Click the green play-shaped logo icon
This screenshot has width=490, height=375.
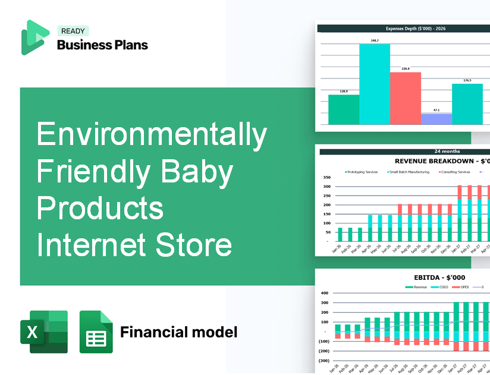tap(34, 37)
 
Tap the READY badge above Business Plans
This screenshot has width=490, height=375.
tap(73, 31)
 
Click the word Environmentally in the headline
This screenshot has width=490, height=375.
tap(152, 135)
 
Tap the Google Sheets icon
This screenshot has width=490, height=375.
tap(96, 332)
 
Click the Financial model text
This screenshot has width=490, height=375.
tap(178, 332)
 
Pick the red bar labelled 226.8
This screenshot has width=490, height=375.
tap(405, 98)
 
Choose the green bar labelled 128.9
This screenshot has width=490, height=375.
tap(343, 109)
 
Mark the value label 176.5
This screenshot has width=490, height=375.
tap(467, 80)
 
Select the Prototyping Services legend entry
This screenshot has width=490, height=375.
tap(362, 172)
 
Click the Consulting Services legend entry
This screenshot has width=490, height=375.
tap(455, 172)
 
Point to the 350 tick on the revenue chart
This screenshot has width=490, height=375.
tap(326, 178)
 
